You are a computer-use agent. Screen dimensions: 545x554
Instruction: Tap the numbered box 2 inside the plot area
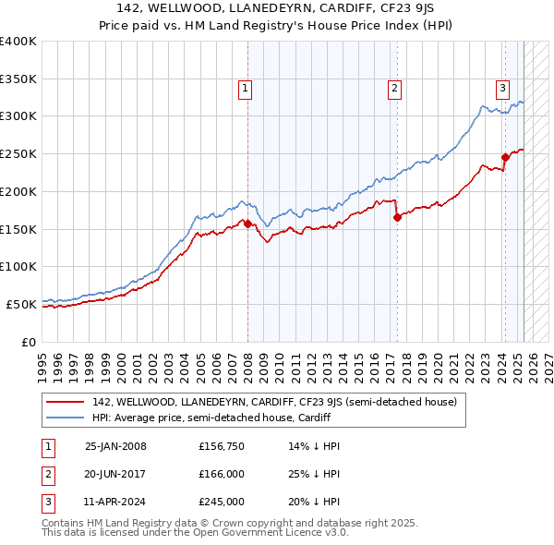point(394,89)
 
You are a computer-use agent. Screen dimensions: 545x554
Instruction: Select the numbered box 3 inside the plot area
point(502,89)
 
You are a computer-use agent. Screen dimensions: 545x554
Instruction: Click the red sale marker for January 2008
point(247,223)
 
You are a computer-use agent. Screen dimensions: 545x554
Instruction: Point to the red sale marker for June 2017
point(397,217)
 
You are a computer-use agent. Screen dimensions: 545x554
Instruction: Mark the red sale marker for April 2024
point(505,157)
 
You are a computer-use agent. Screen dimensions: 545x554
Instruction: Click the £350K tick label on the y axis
point(18,79)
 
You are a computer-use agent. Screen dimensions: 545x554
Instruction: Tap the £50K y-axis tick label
point(21,304)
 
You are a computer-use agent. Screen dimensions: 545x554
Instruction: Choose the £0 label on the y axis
point(30,342)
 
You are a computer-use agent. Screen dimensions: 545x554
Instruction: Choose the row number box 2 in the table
point(46,474)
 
